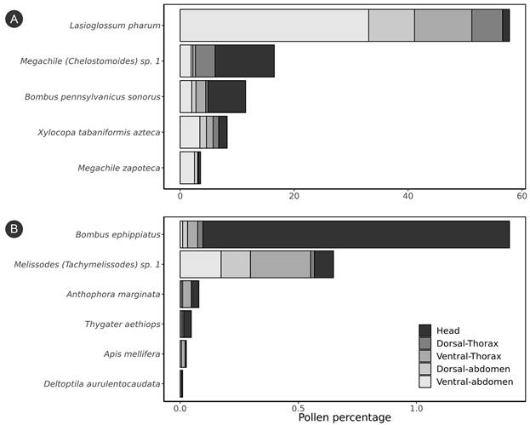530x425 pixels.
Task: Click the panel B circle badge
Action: [14, 228]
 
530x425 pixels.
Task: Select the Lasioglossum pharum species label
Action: [116, 26]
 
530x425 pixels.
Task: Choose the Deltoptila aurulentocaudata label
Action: [101, 384]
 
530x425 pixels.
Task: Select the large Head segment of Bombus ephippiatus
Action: [356, 234]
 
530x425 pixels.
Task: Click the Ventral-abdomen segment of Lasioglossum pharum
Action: [274, 26]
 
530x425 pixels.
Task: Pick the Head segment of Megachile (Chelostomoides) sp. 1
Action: [244, 61]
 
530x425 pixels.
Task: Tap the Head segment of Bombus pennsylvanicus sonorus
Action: [226, 96]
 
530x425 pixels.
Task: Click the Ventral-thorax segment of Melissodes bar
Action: [280, 264]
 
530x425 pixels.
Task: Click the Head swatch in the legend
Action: [425, 330]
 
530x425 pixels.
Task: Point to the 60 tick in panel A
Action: [521, 196]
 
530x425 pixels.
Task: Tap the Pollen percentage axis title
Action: [345, 417]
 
